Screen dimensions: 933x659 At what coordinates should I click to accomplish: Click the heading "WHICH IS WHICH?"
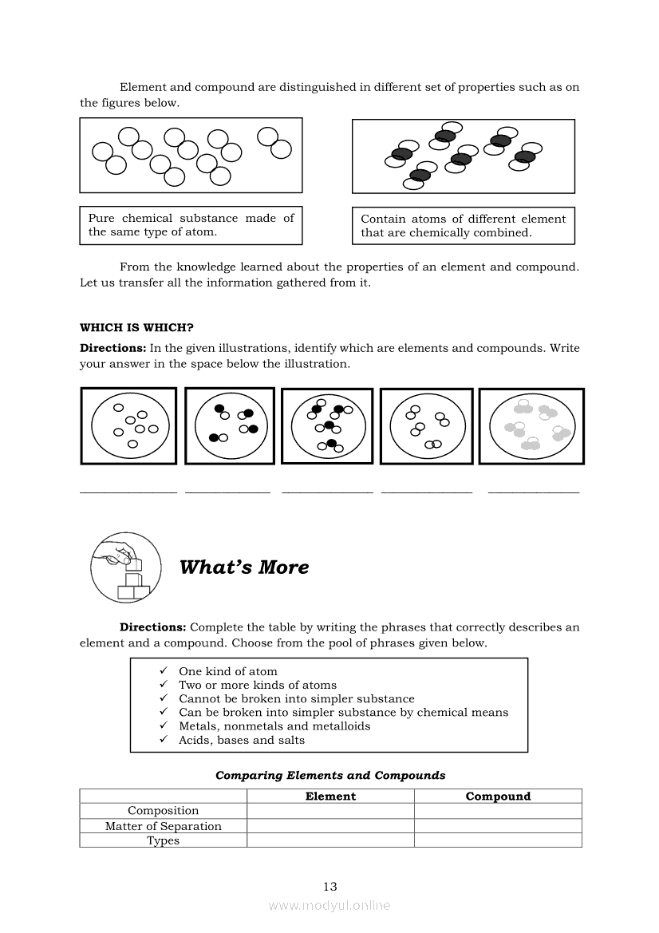click(136, 327)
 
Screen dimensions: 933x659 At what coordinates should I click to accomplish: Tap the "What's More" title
click(244, 567)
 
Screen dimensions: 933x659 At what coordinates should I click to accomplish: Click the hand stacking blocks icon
click(126, 567)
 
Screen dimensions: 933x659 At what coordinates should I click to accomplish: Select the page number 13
click(330, 886)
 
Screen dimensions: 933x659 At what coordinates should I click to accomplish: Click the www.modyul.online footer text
click(329, 905)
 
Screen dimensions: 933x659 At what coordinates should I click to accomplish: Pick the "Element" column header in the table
click(330, 796)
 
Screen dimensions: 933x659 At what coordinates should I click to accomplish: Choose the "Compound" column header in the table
click(498, 796)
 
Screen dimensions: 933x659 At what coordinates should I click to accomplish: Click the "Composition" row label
click(164, 811)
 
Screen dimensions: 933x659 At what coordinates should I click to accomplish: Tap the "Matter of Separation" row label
click(164, 826)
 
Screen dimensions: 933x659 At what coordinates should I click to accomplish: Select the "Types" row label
click(164, 840)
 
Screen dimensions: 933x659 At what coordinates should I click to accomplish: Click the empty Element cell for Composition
click(330, 811)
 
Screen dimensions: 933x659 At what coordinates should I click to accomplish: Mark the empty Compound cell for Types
click(498, 840)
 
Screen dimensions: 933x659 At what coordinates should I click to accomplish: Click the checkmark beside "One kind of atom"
click(163, 671)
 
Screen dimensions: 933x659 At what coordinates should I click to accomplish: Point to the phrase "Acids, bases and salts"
click(242, 740)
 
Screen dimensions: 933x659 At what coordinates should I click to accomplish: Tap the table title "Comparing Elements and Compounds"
click(330, 775)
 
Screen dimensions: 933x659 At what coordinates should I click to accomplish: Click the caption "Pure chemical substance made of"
click(191, 218)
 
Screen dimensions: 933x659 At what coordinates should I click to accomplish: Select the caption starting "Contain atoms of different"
click(463, 219)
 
